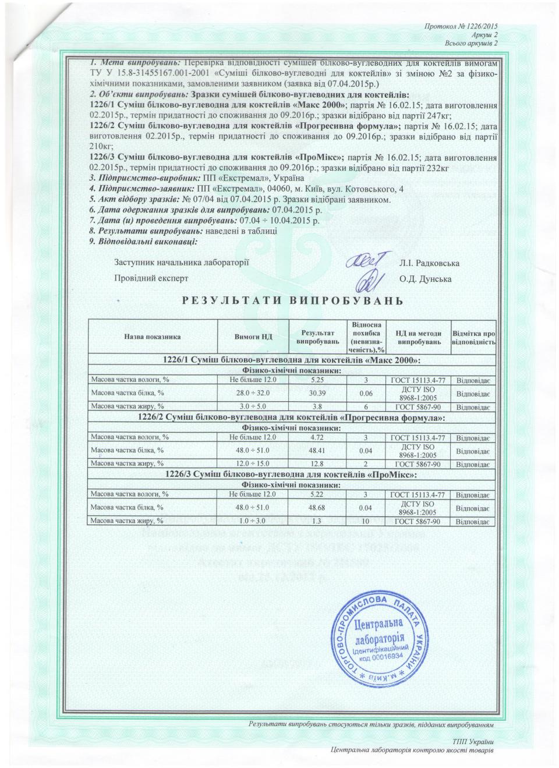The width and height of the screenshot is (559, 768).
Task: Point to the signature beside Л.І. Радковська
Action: [x=366, y=261]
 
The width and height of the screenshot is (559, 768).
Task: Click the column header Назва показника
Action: [x=153, y=337]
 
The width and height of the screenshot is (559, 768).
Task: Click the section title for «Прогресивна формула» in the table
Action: [x=292, y=419]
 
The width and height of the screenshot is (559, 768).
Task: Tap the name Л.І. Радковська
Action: [x=429, y=263]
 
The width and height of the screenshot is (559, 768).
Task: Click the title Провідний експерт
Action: [x=151, y=278]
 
